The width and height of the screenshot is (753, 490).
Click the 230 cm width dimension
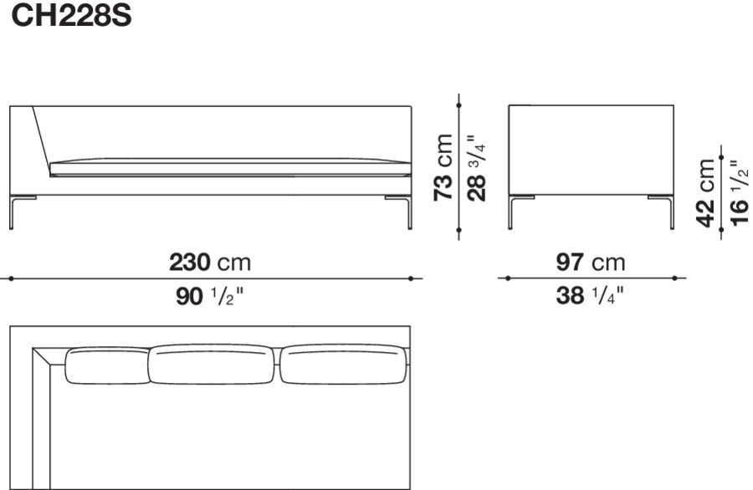[x=210, y=263]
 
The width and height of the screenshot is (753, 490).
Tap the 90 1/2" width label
[x=210, y=296]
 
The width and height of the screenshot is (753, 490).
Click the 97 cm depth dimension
[x=591, y=263]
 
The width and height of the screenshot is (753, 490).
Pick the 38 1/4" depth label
[x=591, y=296]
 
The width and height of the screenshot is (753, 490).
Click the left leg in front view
[x=13, y=212]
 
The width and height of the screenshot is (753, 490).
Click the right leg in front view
[x=408, y=212]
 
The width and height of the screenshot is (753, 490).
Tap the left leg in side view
[x=511, y=212]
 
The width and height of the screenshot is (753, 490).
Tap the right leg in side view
[x=670, y=212]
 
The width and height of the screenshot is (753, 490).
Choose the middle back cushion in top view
[x=212, y=364]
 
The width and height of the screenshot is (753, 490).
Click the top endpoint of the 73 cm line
[x=459, y=105]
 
